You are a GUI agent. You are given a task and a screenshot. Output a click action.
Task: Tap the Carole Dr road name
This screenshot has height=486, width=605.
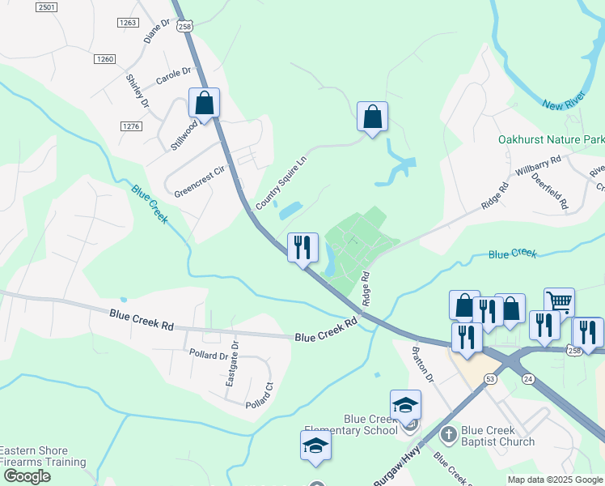coord(172,76)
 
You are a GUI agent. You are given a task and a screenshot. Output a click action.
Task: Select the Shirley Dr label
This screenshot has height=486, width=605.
coord(137,92)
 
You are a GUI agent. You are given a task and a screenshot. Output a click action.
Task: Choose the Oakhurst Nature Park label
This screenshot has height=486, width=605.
coord(550,139)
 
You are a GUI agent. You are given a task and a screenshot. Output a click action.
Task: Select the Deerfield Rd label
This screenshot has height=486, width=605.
coord(554,195)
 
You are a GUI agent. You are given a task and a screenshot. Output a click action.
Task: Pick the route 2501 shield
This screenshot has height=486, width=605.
coord(48,7)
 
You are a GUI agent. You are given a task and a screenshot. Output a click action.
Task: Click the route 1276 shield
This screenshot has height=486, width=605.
coord(131,126)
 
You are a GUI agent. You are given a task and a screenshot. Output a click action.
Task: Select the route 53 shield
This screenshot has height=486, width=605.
coord(490,378)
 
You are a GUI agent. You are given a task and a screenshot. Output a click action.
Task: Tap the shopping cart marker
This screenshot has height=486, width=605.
coord(559,302)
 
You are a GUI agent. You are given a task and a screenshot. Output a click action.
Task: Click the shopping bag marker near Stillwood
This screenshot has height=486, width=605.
coord(204,104)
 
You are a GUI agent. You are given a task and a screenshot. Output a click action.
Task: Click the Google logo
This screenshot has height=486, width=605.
coord(26,476)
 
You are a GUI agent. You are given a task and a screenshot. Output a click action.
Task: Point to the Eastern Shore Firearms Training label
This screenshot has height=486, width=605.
coord(43,457)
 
